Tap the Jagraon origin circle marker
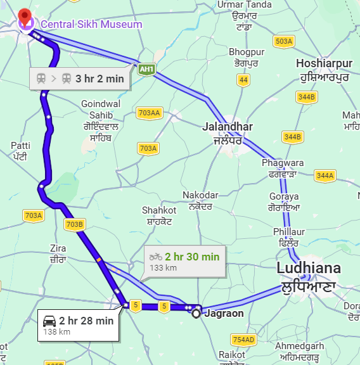pos(196,312)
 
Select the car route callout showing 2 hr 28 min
pos(77,324)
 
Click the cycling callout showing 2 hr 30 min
pos(184,260)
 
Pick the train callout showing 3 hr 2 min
pos(80,79)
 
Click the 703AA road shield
pos(149,113)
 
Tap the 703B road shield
pos(74,224)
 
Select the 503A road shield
pos(285,42)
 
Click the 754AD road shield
pos(243,339)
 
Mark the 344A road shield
pos(325,175)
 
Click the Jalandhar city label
pos(227,133)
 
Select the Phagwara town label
pos(282,168)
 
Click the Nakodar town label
pos(200,200)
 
